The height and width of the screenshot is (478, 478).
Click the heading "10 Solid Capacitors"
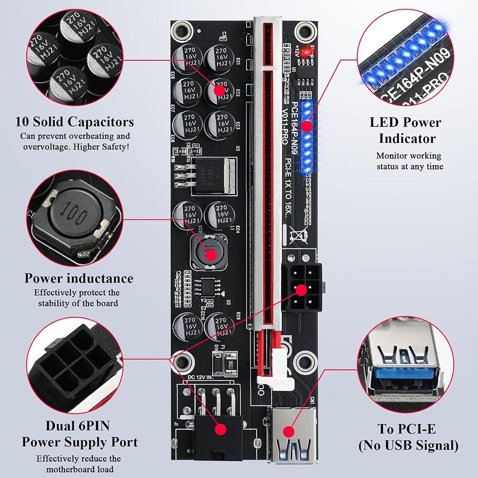[74, 122]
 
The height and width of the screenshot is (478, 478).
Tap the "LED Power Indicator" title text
[405, 130]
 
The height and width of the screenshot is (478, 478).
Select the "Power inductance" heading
[79, 278]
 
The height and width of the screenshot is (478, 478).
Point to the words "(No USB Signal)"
[408, 445]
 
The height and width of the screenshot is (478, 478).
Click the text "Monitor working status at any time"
[409, 161]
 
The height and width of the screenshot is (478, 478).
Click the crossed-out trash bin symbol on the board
[301, 234]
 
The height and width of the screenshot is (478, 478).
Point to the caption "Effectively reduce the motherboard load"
[78, 463]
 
